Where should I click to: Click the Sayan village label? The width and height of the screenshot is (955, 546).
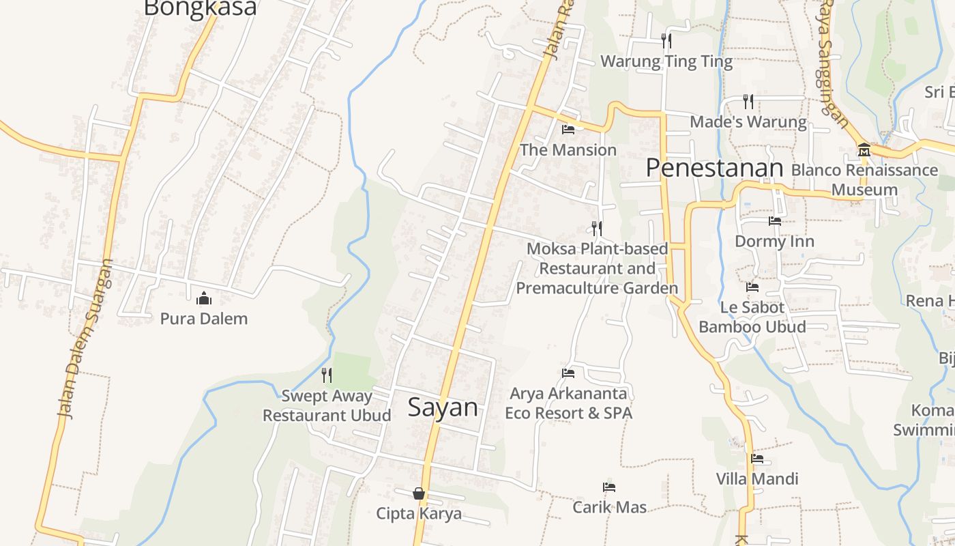click(x=443, y=407)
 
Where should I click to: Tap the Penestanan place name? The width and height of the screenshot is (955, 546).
click(x=714, y=167)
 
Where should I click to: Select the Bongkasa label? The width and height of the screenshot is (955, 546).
click(x=201, y=8)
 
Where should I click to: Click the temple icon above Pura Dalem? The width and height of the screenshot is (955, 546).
click(x=203, y=298)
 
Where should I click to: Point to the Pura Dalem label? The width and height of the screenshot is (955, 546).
click(x=203, y=318)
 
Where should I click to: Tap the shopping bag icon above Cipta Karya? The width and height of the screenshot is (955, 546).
click(x=419, y=493)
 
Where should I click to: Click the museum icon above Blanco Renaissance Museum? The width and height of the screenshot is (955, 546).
click(x=864, y=149)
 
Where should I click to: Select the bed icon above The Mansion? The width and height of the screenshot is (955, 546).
click(x=568, y=129)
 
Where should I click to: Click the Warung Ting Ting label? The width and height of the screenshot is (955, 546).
click(x=666, y=61)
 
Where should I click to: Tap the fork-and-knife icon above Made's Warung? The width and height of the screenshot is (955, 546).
click(x=748, y=102)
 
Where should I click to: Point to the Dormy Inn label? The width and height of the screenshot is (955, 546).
click(x=774, y=241)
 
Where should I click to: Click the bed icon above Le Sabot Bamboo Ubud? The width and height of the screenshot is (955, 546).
click(x=752, y=287)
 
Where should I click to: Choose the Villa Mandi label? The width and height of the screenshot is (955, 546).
click(x=756, y=478)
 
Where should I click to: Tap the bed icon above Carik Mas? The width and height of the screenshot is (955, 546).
click(x=609, y=487)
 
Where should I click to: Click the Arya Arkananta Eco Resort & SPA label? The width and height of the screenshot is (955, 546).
click(x=568, y=403)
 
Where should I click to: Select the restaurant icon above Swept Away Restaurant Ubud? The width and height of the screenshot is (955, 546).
click(x=327, y=375)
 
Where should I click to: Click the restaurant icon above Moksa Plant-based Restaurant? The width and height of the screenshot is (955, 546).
click(x=597, y=229)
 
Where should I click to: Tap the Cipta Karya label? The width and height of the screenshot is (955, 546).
click(x=419, y=513)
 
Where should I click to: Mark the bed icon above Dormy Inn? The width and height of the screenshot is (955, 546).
click(x=774, y=221)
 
